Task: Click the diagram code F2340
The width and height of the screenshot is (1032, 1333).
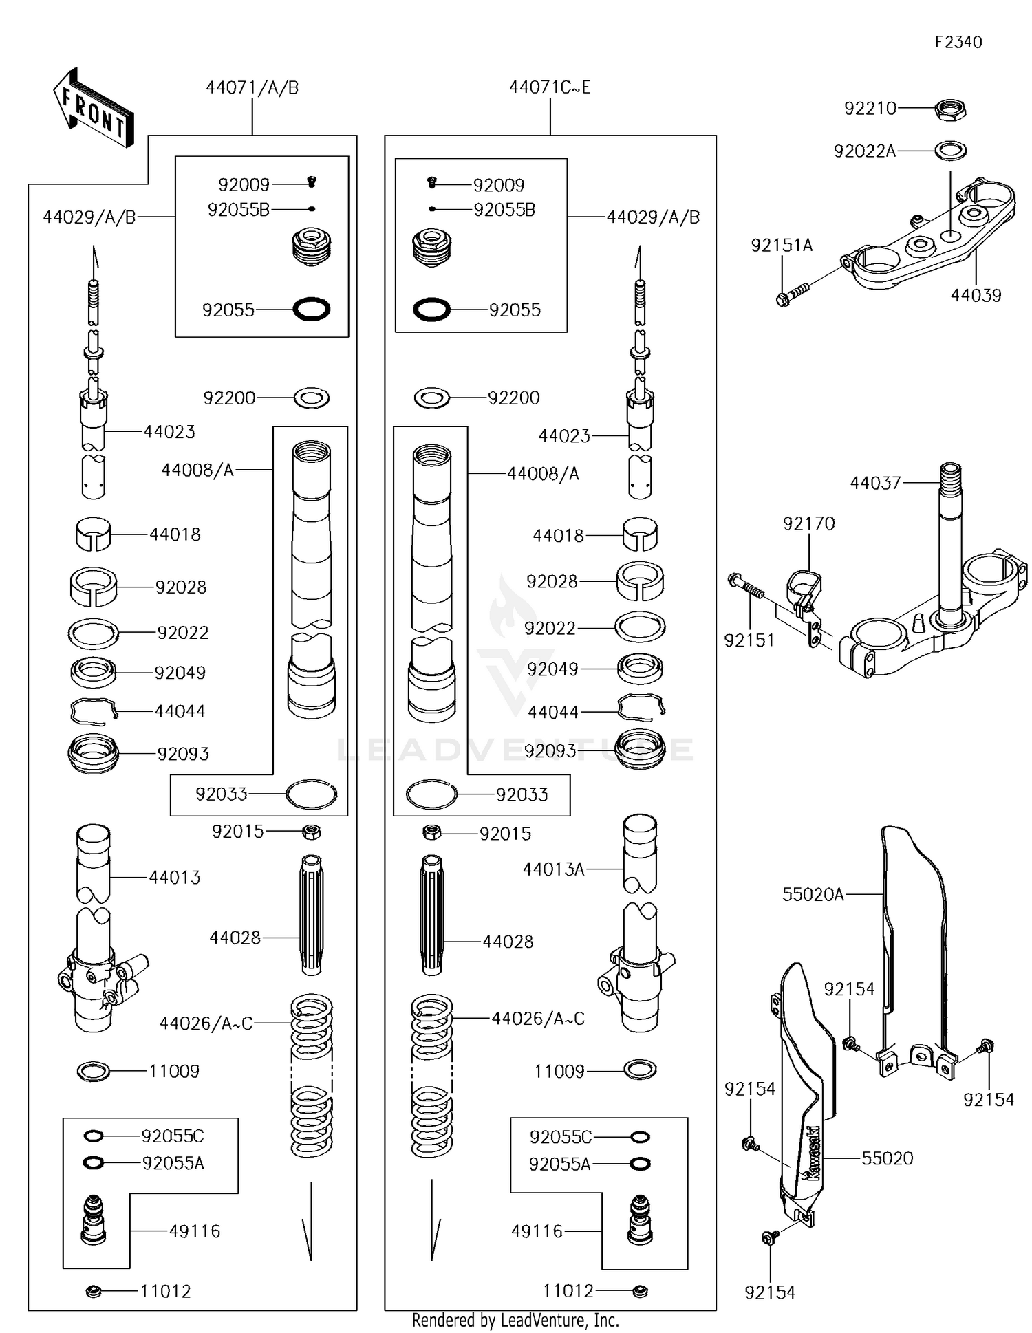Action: point(958,43)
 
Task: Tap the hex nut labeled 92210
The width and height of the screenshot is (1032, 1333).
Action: point(951,108)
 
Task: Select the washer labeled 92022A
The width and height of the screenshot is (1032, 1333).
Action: point(950,150)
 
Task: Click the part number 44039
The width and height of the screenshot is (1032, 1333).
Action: point(975,296)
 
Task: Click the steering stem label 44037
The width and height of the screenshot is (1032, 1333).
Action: point(874,483)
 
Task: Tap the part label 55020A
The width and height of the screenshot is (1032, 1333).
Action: point(812,894)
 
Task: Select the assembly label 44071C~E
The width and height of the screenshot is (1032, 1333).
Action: point(550,87)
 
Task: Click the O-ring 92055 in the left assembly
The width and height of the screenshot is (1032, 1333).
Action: point(312,310)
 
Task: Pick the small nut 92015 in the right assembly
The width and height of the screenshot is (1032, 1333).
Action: point(432,833)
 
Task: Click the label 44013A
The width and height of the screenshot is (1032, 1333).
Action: point(553,869)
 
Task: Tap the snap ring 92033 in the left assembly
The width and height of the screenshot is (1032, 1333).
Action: point(312,794)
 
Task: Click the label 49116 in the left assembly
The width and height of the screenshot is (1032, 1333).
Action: point(195,1231)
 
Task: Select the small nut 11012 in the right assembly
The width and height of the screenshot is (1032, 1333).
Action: point(640,1291)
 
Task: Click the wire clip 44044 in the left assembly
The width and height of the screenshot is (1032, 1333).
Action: point(94,711)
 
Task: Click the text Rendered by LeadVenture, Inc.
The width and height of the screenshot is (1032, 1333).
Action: point(515,1320)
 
